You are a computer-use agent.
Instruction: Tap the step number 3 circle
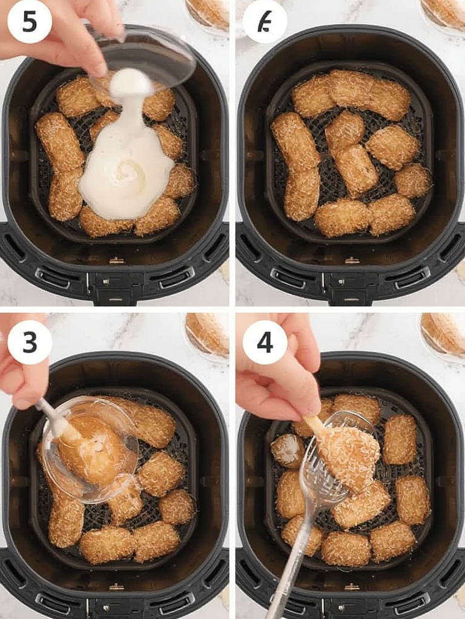30,342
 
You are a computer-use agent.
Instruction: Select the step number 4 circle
265,342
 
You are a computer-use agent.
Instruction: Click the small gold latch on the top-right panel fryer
352,261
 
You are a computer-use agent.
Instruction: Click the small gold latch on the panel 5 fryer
116,261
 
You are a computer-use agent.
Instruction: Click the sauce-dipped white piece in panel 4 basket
287,449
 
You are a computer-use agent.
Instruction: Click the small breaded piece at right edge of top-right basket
414,180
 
